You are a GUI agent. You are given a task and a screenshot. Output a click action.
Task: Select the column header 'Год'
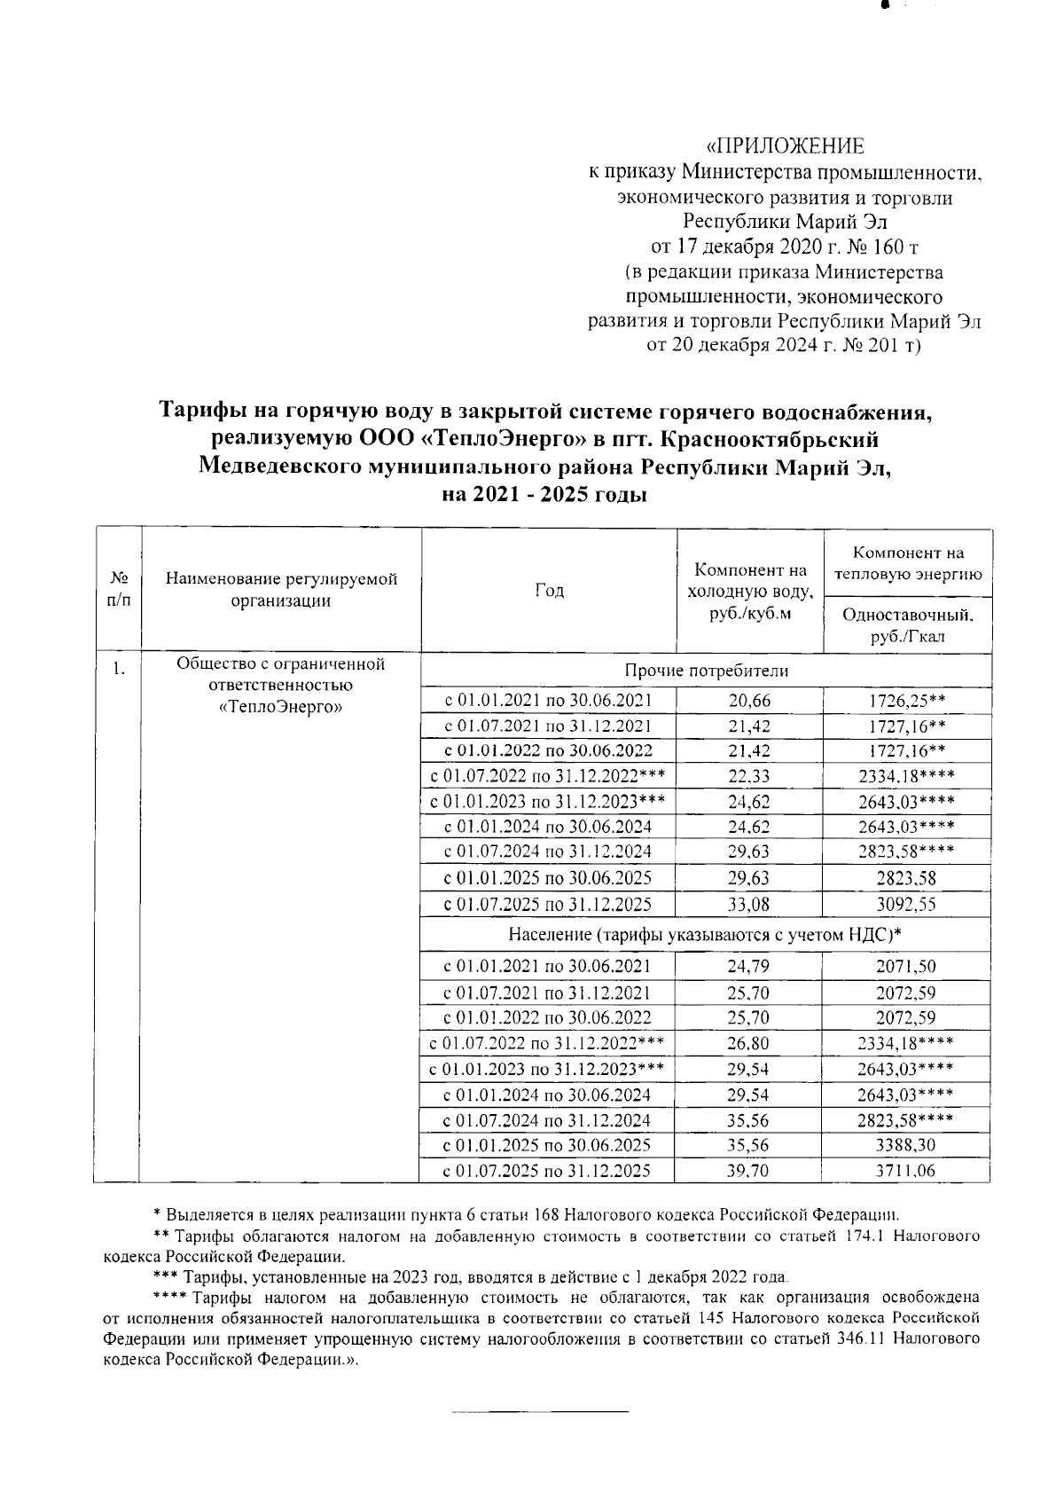click(550, 591)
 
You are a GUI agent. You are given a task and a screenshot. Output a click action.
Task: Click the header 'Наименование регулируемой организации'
click(281, 591)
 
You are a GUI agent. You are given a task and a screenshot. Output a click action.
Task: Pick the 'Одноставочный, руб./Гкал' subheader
click(907, 625)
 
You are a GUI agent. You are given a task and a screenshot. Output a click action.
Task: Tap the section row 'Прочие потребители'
click(705, 671)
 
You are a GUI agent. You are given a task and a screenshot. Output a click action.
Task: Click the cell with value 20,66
click(749, 701)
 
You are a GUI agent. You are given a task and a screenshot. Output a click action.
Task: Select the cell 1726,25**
click(907, 701)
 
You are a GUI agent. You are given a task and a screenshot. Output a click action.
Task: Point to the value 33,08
click(749, 905)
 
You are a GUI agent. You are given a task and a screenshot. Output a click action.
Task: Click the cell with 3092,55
click(906, 905)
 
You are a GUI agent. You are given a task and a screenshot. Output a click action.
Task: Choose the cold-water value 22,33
click(749, 777)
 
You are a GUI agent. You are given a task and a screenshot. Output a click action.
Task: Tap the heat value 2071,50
click(906, 967)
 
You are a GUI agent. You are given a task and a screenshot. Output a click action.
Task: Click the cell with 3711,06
click(906, 1171)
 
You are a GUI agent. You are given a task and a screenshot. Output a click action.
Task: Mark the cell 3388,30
click(906, 1145)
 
